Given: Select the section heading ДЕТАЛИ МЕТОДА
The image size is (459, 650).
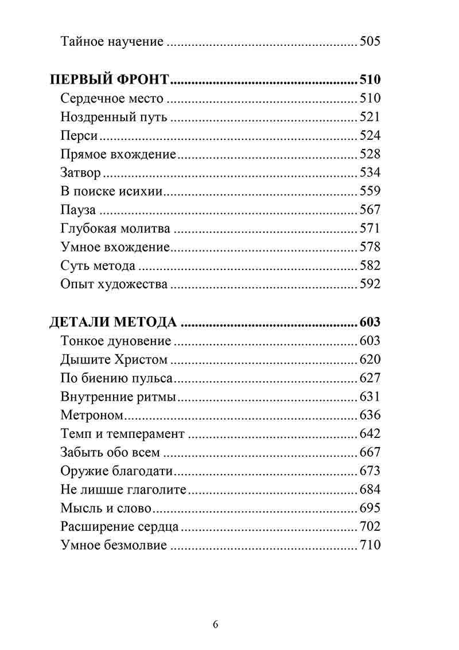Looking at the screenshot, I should (x=112, y=322).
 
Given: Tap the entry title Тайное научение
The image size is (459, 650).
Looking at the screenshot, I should (x=112, y=41).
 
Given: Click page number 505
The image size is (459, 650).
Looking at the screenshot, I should (x=369, y=41).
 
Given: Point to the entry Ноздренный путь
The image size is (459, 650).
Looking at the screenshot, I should (x=114, y=118).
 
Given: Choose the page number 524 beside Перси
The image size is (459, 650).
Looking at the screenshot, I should (x=369, y=136).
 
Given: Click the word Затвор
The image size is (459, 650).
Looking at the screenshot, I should (x=81, y=173).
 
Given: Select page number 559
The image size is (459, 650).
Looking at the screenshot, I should (x=369, y=191).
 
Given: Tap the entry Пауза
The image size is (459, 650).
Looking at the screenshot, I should (x=78, y=210).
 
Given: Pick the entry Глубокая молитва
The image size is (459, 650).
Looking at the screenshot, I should (x=115, y=229).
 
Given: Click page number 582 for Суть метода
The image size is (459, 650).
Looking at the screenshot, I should (x=369, y=266).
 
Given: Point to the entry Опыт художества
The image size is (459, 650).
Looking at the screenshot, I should (x=114, y=284).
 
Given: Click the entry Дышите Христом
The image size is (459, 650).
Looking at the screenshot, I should (x=114, y=360).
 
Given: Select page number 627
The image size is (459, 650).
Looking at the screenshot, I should (x=369, y=378).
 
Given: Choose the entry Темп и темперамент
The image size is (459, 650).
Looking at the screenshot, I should (x=122, y=434).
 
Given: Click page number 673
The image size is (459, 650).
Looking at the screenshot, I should (x=369, y=471).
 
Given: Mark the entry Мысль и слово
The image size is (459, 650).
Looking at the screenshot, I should (x=106, y=508).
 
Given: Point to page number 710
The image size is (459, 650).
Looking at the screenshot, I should (x=369, y=545).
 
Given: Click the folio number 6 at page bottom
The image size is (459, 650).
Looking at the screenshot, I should (x=215, y=624).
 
